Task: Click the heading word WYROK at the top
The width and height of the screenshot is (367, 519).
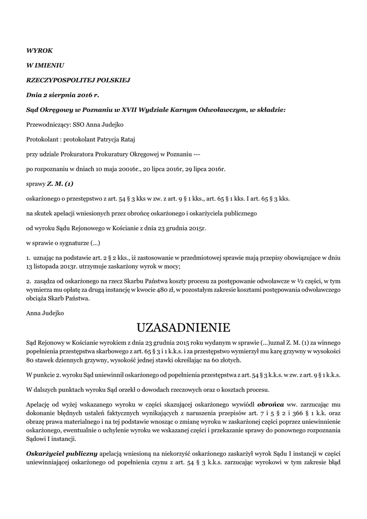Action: point(39,50)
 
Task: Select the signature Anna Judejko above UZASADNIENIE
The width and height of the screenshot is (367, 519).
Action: point(45,313)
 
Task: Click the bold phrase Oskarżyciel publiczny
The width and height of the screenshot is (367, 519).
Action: point(62,454)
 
